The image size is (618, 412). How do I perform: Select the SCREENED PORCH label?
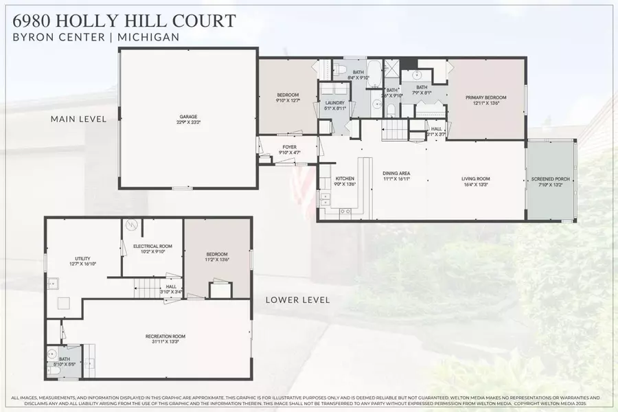tap(551, 179)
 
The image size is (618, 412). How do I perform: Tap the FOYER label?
tap(289, 147)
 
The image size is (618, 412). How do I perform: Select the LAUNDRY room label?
tap(325, 103)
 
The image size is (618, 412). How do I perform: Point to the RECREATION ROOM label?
tap(165, 336)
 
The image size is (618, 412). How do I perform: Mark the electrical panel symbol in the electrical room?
tap(132, 225)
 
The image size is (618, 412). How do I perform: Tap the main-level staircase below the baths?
tap(394, 128)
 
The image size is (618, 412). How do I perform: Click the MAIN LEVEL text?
tap(78, 119)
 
